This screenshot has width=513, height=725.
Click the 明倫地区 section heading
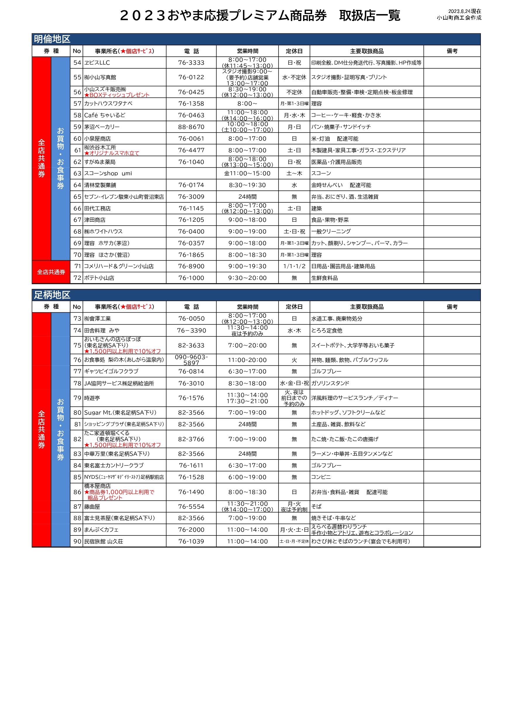(52, 39)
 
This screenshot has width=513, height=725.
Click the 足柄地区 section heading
(52, 295)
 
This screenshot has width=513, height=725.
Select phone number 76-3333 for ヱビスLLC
(191, 63)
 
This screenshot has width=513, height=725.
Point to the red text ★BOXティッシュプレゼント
(117, 95)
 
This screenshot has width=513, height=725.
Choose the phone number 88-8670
(191, 127)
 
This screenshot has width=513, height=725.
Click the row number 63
(77, 173)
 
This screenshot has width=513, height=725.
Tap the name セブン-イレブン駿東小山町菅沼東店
(124, 197)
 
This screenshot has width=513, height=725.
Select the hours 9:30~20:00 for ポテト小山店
(247, 278)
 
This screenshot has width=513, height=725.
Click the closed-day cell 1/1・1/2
(294, 266)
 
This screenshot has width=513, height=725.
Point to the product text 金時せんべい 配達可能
(341, 185)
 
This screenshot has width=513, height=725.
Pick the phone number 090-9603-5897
(191, 360)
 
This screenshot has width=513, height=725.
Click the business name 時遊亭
(92, 398)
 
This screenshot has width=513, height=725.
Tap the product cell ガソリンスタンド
(330, 383)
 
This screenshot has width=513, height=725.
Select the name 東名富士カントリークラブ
(114, 465)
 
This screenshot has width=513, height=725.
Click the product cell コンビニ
(321, 477)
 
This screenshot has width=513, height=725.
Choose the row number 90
(77, 541)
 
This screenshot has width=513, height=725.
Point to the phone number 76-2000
(191, 530)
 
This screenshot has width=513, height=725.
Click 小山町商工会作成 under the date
(459, 18)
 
